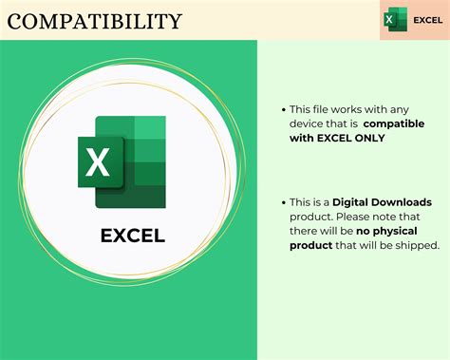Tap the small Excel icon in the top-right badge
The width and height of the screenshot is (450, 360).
click(395, 19)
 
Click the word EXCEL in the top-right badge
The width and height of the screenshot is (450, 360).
click(426, 20)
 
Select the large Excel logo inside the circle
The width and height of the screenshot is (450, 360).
click(122, 161)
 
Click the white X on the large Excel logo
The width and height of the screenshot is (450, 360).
click(98, 162)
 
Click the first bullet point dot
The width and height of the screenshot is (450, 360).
click(281, 109)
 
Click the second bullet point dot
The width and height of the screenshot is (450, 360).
click(281, 203)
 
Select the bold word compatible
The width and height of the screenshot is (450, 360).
click(394, 123)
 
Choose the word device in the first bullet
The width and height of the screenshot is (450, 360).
click(310, 123)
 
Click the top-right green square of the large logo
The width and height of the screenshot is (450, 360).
click(151, 128)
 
